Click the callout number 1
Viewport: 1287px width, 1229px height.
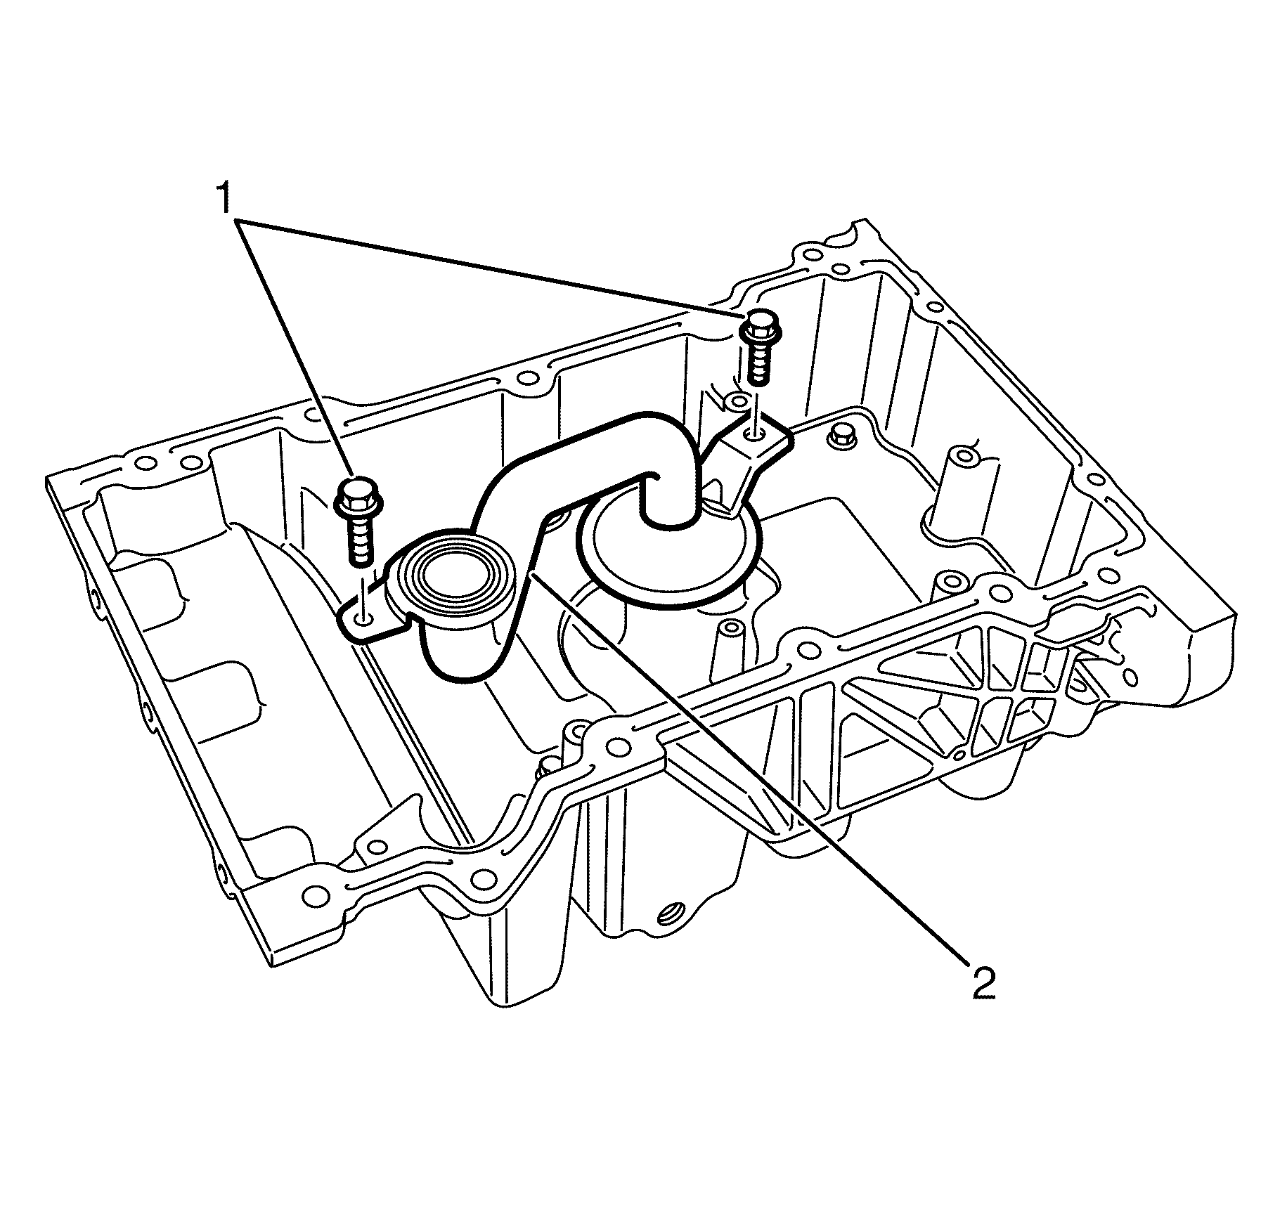(x=223, y=200)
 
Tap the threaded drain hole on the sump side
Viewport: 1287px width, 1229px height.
(x=668, y=913)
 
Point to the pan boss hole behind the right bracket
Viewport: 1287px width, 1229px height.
(x=736, y=402)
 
